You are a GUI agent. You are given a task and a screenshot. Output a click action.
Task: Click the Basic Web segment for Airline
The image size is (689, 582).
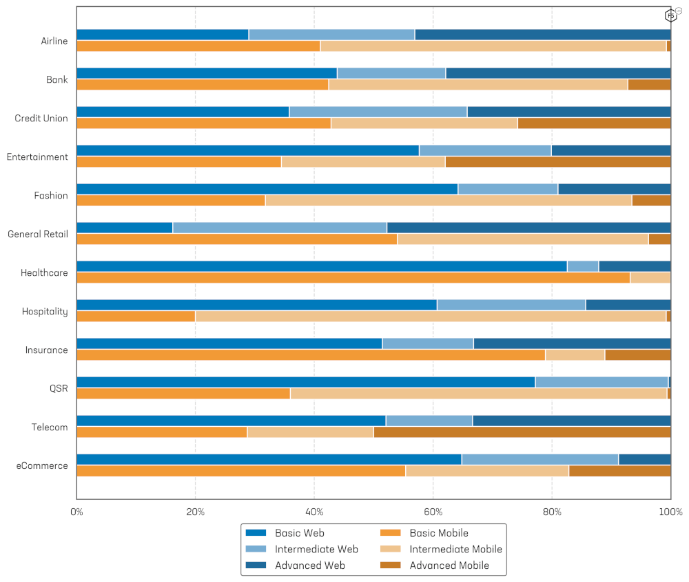tap(163, 34)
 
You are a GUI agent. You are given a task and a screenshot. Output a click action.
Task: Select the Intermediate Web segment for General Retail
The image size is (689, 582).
tap(280, 228)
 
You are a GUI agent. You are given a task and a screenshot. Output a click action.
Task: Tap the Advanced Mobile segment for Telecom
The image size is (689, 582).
tap(522, 432)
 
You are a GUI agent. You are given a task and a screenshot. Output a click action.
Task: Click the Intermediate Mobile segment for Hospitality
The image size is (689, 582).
tap(431, 317)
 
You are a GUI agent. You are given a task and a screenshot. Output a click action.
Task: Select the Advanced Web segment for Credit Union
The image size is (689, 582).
tap(569, 112)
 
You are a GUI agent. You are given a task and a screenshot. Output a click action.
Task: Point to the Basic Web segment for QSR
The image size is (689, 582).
tap(306, 382)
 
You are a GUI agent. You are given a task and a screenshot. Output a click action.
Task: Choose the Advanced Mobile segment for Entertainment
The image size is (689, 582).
tap(558, 162)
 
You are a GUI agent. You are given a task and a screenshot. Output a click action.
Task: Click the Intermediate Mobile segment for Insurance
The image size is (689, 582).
tap(575, 355)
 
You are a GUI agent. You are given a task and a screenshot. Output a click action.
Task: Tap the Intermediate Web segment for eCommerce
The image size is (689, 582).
tap(540, 459)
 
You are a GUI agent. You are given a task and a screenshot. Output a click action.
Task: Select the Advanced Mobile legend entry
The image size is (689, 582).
tap(449, 565)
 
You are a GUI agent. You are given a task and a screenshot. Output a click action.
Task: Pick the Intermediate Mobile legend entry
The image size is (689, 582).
tap(455, 550)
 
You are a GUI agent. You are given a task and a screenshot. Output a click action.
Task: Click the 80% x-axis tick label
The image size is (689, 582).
tap(552, 512)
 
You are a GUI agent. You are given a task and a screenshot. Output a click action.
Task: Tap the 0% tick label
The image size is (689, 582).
tap(76, 512)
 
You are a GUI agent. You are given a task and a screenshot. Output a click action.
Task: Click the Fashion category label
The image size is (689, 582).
tap(51, 196)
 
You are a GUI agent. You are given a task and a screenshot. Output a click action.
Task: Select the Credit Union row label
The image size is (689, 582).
tap(41, 119)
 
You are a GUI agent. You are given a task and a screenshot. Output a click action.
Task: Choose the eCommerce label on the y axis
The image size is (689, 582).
tap(43, 466)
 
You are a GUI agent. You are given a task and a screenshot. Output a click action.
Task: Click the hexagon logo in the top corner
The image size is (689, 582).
tap(670, 14)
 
